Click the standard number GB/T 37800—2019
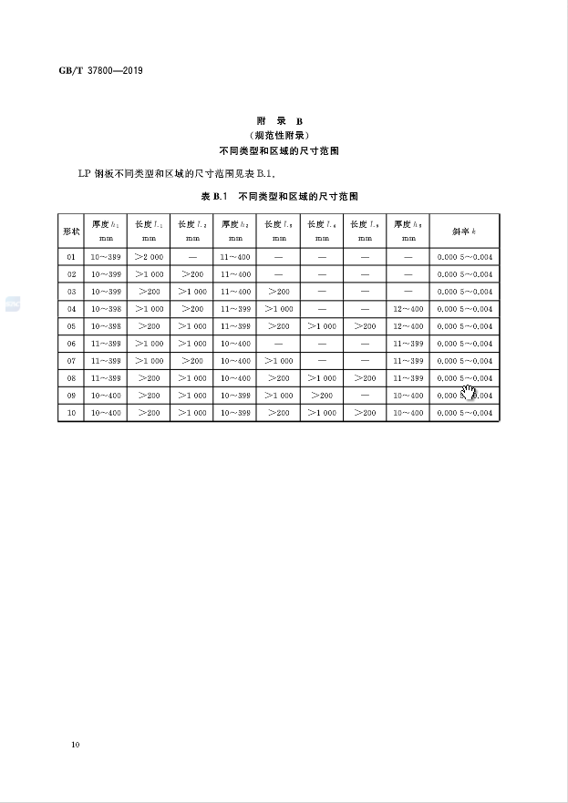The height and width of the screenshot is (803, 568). (x=100, y=70)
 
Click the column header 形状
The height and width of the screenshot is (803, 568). (x=71, y=231)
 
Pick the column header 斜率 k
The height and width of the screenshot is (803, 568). (x=464, y=231)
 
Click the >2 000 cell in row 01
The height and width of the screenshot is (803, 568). (x=149, y=258)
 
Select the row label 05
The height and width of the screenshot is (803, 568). (x=71, y=326)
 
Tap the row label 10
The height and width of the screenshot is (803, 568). (x=71, y=413)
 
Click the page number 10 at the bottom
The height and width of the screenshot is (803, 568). (x=75, y=746)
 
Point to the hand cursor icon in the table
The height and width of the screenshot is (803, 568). (x=469, y=394)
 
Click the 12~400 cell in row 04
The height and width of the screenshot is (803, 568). (x=408, y=309)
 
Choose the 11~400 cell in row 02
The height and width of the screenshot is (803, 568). (x=235, y=274)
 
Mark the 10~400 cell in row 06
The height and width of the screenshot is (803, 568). (x=235, y=344)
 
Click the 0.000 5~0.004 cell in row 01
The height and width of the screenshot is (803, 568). (x=464, y=258)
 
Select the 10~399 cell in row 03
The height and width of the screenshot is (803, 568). (x=106, y=292)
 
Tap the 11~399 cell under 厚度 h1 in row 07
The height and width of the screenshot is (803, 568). (x=106, y=361)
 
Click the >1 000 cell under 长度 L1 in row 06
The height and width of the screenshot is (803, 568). (x=149, y=344)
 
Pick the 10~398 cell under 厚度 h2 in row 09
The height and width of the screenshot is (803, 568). (x=235, y=396)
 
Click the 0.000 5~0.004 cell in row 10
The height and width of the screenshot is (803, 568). (x=464, y=413)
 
